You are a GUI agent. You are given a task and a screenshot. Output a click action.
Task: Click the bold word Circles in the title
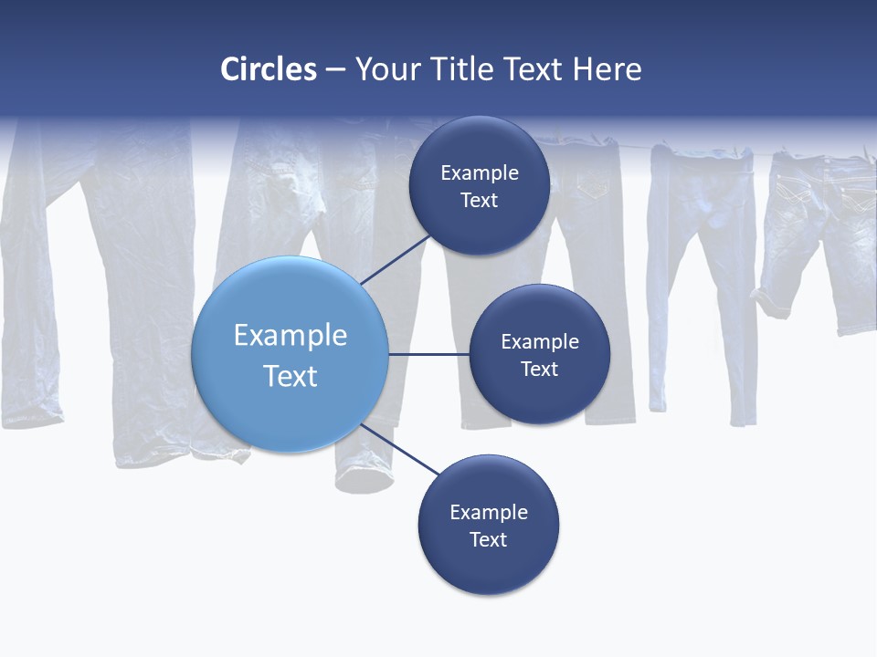(x=269, y=69)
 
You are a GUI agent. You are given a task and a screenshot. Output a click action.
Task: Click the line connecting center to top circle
(x=396, y=259)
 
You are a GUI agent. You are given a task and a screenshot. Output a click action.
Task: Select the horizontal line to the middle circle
(x=429, y=354)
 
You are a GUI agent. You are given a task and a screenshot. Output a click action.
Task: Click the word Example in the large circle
(x=291, y=335)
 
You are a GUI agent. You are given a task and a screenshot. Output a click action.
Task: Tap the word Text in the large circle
(x=291, y=376)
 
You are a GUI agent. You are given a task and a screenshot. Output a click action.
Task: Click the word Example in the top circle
(x=479, y=172)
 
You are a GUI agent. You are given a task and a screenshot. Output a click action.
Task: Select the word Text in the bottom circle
(x=488, y=539)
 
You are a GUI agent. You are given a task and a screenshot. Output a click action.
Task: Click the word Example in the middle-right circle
(x=539, y=341)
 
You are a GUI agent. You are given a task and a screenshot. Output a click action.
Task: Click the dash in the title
(x=335, y=70)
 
